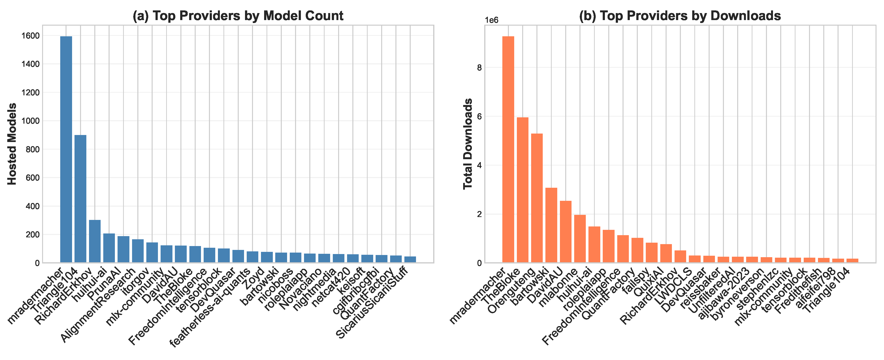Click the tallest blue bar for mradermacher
66,149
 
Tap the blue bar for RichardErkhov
95,241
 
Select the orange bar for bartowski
551,225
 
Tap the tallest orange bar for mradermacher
508,149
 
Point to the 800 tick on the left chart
33,149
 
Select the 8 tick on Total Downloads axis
479,67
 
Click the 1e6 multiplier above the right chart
491,20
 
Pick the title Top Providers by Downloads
680,16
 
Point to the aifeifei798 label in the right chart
817,289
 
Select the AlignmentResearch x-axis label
98,305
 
